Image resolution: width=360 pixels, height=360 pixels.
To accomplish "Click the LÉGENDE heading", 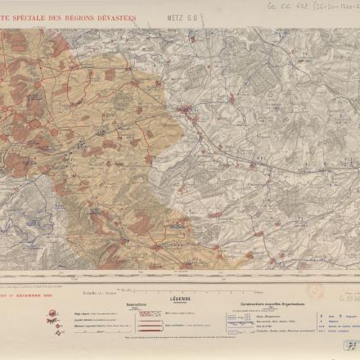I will pyautogui.click(x=181, y=299).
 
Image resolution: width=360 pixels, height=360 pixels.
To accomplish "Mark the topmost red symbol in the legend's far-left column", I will pyautogui.click(x=52, y=313).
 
